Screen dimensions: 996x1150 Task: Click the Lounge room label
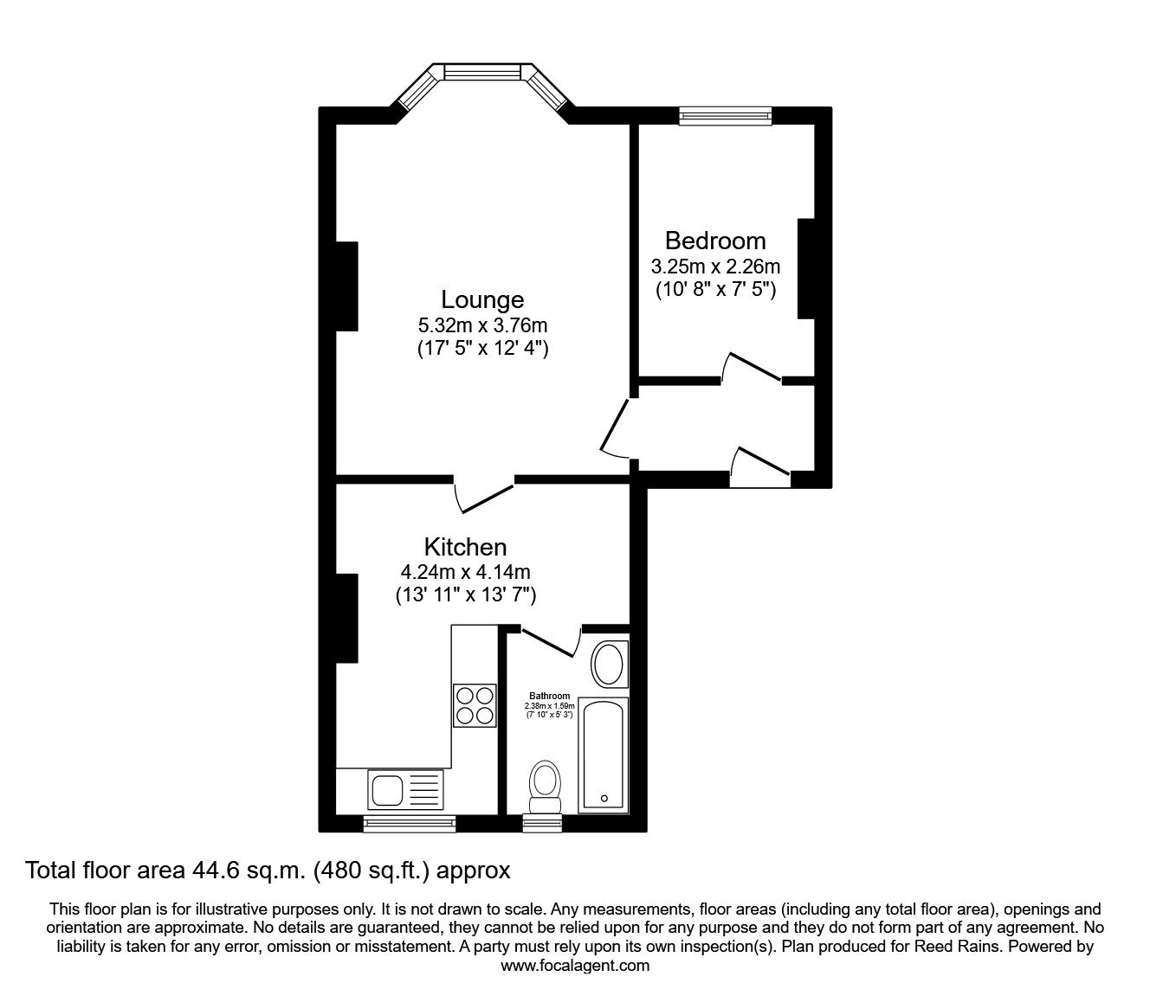click(482, 299)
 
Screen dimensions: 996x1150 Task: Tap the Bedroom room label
click(715, 241)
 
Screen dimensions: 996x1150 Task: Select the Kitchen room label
click(465, 547)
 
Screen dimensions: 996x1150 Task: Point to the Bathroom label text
click(550, 696)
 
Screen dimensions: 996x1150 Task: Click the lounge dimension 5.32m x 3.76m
click(482, 325)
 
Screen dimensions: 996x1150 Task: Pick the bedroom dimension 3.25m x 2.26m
click(715, 266)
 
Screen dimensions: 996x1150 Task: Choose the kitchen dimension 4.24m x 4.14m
click(465, 572)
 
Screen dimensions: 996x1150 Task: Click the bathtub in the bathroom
click(604, 755)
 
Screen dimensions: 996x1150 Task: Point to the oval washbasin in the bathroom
click(610, 665)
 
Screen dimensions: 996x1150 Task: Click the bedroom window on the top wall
click(725, 116)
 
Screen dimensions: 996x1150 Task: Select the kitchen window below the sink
click(409, 824)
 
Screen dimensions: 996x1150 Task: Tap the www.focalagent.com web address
click(575, 966)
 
